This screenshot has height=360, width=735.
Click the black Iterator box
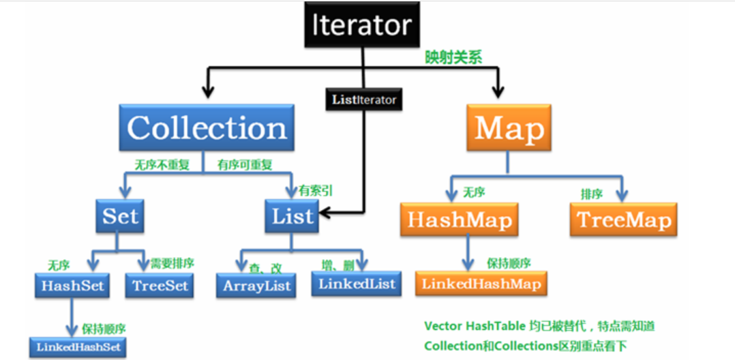pos(362,25)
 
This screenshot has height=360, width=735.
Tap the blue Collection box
pos(207,127)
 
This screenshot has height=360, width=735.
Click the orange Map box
pos(509,128)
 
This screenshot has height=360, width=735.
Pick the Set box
pos(120,216)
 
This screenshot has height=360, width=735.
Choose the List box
pos(292,216)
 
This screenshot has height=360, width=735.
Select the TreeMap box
pos(623,220)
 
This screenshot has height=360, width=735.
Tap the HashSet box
pos(72,285)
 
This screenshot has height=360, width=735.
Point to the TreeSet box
pos(159,285)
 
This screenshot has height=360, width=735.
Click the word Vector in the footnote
pos(442,326)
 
